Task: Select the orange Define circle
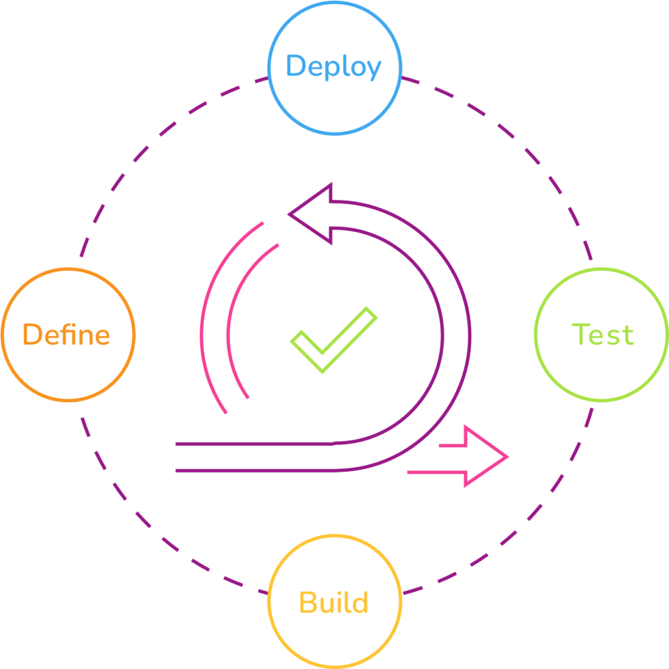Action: click(67, 369)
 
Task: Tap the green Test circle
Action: click(601, 369)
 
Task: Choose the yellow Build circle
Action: click(334, 635)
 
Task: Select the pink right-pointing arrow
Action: click(478, 456)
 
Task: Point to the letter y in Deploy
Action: click(373, 70)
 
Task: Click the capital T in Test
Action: click(580, 334)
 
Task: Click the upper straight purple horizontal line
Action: click(253, 444)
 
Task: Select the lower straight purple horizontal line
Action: click(253, 470)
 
